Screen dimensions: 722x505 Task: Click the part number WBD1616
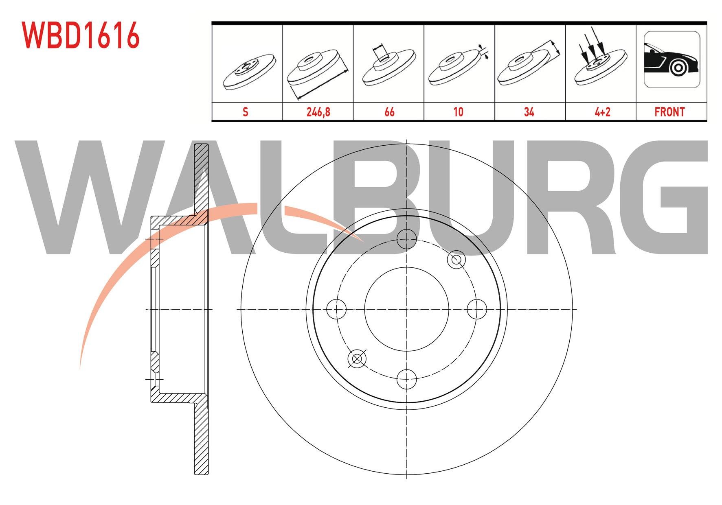click(81, 36)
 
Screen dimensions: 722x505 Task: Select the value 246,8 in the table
click(318, 111)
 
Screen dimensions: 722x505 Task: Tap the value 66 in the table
click(389, 111)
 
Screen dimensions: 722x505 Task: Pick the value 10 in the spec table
click(459, 111)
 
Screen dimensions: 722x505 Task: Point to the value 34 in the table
click(529, 111)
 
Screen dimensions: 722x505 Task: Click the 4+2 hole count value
click(602, 111)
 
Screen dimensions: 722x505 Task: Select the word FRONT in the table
click(669, 111)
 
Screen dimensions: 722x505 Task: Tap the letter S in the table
click(245, 111)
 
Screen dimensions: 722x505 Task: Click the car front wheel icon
click(672, 59)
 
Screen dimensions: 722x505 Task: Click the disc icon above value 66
click(389, 65)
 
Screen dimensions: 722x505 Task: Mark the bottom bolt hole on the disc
click(407, 379)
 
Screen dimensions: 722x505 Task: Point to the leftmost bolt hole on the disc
click(336, 309)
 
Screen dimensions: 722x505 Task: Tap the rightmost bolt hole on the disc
click(476, 309)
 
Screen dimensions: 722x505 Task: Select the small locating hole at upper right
click(456, 260)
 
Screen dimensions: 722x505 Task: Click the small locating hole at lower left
click(357, 359)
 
